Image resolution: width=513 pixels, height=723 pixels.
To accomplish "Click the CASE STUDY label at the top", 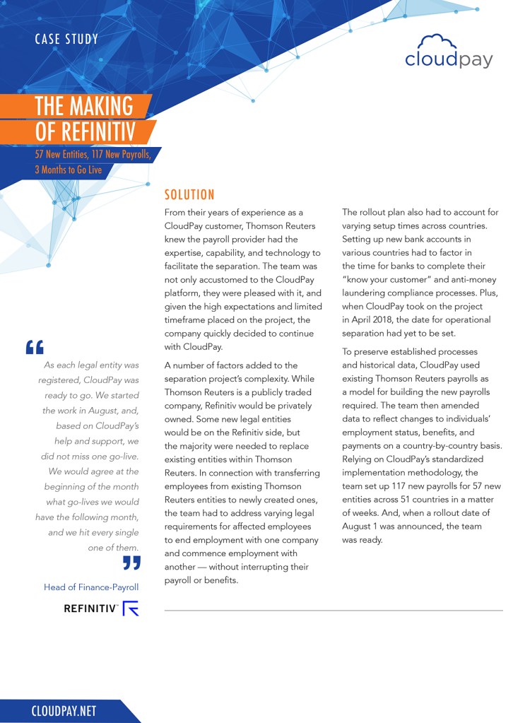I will (66, 39).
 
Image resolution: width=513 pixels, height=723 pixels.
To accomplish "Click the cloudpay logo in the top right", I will (449, 52).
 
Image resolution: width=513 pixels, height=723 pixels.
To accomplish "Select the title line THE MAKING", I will (84, 106).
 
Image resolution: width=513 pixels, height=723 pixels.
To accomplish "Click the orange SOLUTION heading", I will (189, 195).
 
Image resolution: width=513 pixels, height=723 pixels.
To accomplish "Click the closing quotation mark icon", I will (131, 563).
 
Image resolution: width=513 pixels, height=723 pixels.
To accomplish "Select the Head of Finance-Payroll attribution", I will (91, 587).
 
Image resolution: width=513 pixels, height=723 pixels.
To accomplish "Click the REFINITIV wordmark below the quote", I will (91, 608).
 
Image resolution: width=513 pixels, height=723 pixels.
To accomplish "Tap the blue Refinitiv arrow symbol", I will (131, 608).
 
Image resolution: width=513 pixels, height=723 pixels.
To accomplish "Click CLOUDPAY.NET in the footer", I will (64, 711).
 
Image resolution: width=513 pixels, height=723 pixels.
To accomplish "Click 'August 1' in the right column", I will (364, 526).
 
